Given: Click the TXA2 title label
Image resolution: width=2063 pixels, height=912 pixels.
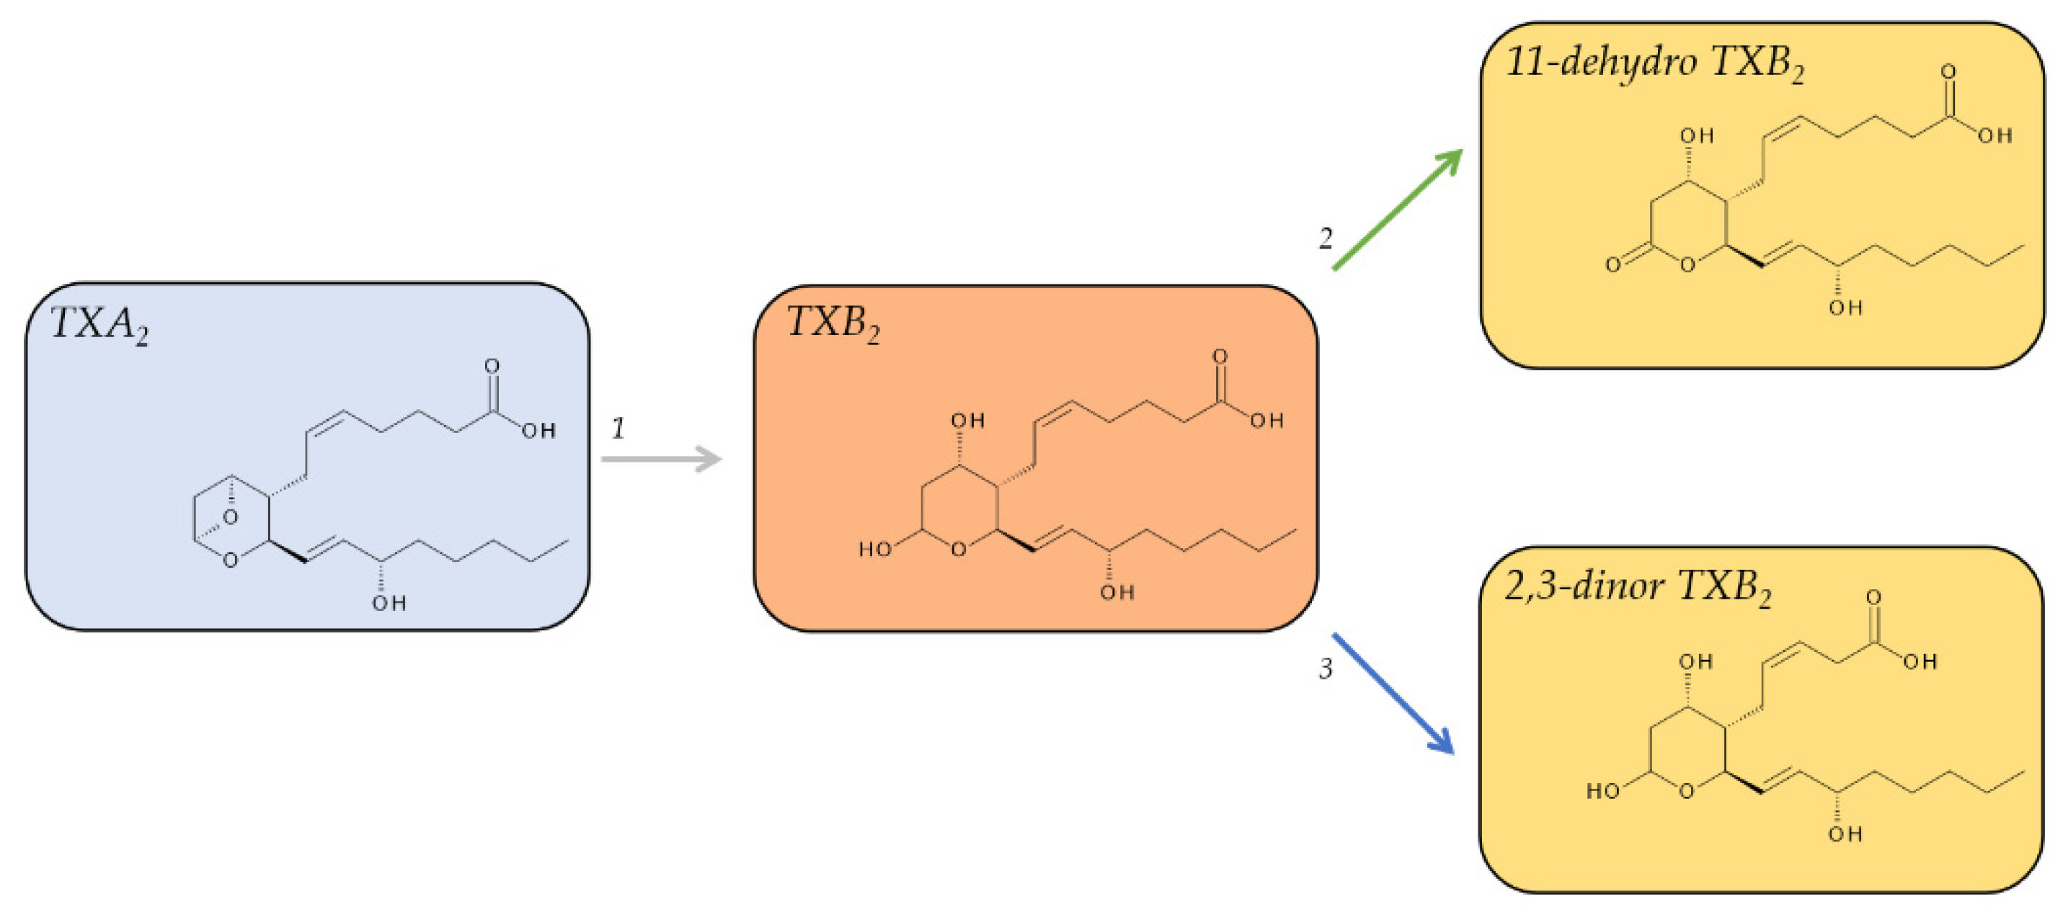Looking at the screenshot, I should click(99, 324).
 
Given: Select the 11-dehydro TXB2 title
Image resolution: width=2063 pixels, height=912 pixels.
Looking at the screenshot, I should click(1654, 63).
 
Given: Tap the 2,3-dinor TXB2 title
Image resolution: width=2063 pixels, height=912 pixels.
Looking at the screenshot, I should click(1637, 587).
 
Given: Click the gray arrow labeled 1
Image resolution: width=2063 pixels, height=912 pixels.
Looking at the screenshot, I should click(662, 459).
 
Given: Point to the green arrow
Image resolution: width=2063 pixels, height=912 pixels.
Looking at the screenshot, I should click(1398, 210).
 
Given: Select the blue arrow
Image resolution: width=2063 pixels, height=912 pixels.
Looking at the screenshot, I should click(1393, 694).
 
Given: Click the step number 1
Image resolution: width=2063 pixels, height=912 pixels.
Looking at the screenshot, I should click(618, 429).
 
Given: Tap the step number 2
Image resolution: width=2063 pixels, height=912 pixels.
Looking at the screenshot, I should click(1326, 238).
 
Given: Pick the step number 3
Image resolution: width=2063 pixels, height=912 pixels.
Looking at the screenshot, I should click(1326, 668).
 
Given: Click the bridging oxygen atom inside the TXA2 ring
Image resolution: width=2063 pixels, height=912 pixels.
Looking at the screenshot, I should click(231, 517).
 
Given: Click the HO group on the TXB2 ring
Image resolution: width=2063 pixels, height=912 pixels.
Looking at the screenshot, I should click(874, 549).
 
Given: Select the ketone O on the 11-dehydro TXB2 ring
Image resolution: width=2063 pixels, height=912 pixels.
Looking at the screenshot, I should click(1613, 264).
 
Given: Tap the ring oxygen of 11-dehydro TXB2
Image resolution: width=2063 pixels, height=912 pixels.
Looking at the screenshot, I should click(1687, 264).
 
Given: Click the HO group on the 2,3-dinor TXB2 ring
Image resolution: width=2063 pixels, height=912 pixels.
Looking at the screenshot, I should click(1602, 791).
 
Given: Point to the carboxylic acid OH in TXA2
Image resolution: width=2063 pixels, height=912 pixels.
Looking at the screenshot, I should click(539, 431).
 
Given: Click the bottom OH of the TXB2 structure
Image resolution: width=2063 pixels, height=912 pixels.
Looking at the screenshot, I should click(1117, 593).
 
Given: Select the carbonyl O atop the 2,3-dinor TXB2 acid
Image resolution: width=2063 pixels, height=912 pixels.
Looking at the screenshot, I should click(1873, 597).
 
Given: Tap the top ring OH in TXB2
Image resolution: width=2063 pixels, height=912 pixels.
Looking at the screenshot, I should click(967, 421).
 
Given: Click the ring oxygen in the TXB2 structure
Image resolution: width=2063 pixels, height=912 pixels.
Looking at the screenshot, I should click(959, 549).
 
